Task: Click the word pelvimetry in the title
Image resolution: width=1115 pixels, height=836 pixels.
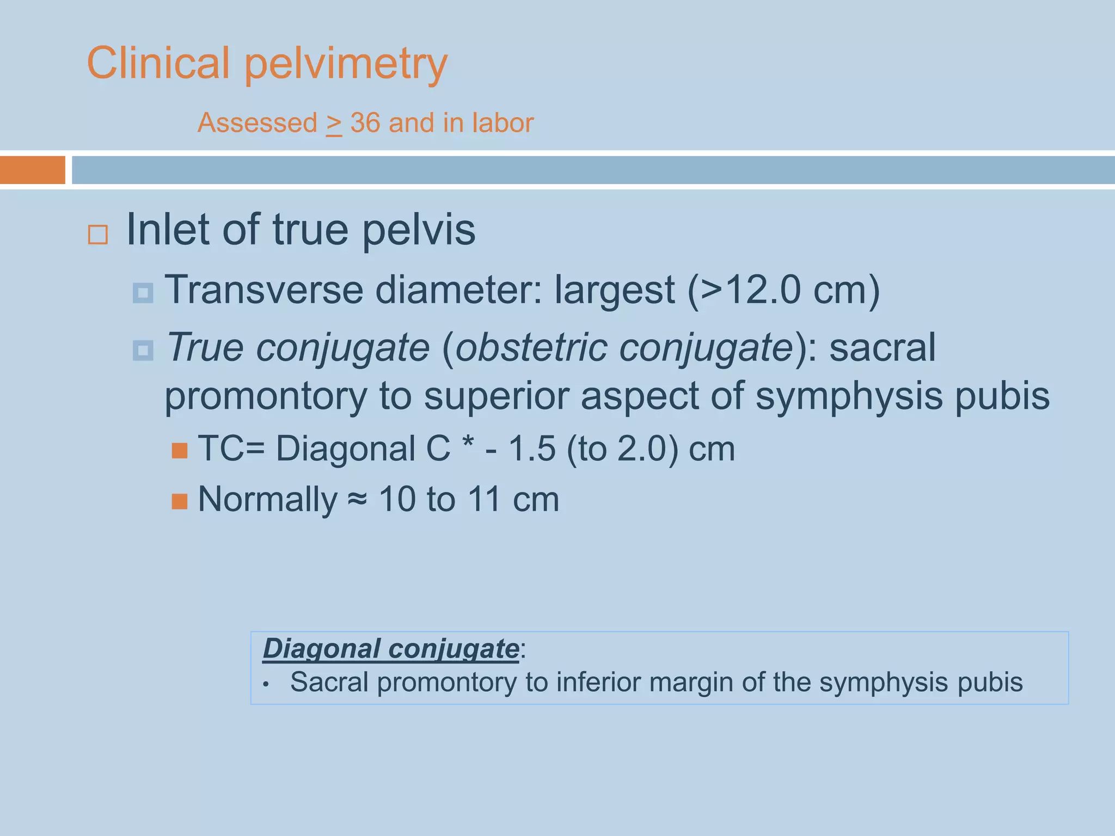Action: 346,64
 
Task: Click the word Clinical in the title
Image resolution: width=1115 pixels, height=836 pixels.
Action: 158,63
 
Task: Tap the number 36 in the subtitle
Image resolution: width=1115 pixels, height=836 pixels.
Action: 365,123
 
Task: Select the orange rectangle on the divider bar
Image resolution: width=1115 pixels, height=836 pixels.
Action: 32,170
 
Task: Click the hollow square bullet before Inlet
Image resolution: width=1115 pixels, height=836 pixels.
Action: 98,235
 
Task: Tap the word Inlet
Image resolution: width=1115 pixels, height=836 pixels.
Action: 168,230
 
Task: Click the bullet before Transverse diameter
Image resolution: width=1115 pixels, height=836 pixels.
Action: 143,293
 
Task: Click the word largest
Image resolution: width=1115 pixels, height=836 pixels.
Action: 615,291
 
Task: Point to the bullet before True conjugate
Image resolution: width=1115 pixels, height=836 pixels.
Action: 143,351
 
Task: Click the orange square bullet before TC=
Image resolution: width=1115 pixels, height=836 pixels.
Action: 180,451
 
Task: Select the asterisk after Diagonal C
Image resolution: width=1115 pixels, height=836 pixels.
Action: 467,442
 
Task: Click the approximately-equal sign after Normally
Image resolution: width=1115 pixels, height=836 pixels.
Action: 358,499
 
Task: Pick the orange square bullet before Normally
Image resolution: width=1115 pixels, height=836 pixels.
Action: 180,501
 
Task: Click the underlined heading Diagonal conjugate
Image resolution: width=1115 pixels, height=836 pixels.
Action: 391,649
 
